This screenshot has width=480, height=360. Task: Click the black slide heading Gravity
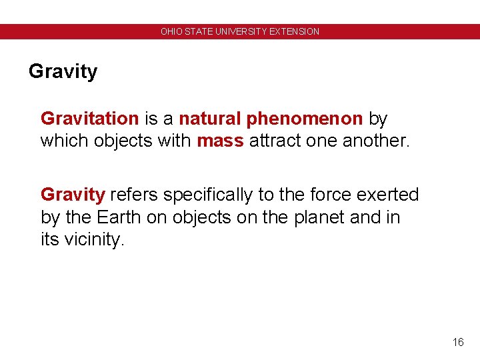63,71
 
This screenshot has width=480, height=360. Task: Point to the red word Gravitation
89,119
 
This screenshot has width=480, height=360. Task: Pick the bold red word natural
210,119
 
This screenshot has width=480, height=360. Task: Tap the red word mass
220,141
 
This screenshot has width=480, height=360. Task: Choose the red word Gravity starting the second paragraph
73,195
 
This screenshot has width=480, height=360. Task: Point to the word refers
134,195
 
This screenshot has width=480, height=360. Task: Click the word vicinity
94,240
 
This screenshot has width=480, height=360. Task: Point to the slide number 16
457,342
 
